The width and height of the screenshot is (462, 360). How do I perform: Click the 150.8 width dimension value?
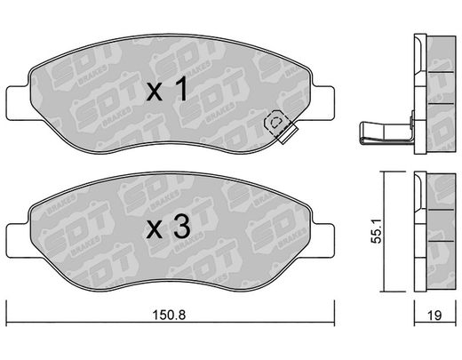tap(169, 315)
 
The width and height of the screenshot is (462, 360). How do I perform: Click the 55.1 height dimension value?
tap(377, 231)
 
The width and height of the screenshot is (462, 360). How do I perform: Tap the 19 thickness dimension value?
tap(434, 316)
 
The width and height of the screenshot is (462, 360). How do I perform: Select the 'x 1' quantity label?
tap(167, 89)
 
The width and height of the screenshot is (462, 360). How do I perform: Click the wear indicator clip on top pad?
tap(281, 126)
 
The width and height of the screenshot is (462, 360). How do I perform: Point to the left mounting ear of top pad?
tap(19, 103)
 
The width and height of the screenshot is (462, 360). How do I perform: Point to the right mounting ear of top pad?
tap(323, 103)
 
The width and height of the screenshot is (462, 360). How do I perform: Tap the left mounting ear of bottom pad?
tap(19, 241)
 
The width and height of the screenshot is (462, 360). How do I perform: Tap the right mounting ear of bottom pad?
tap(323, 241)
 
